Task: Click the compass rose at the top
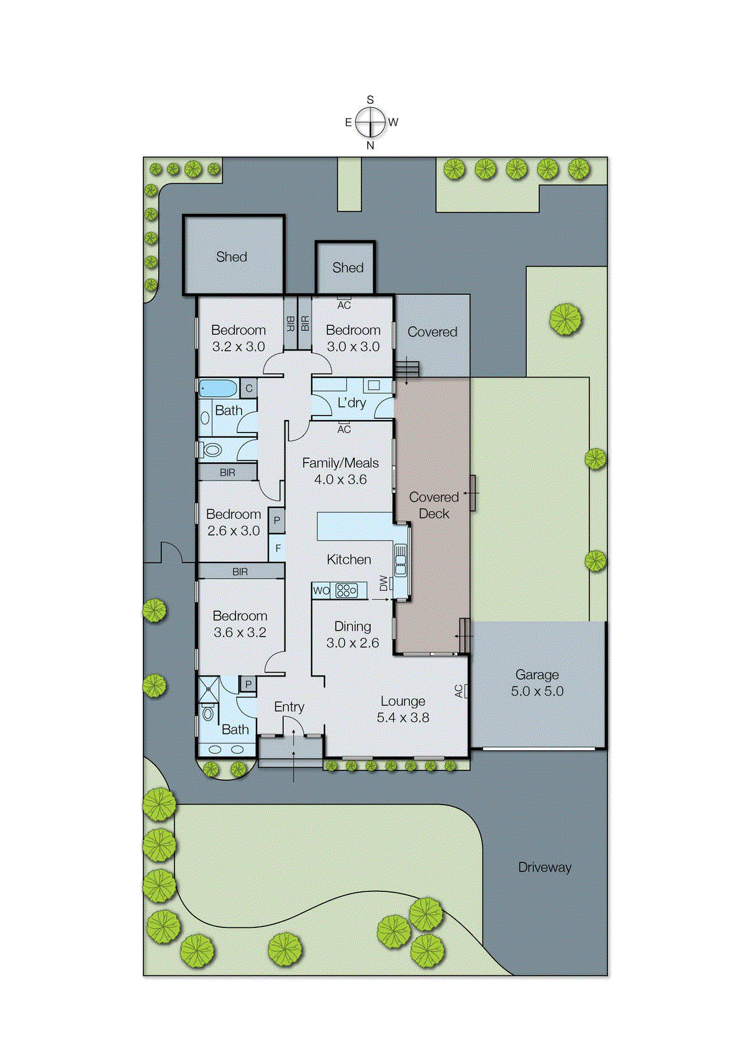[371, 122]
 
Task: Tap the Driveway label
[544, 867]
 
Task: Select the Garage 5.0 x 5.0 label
[537, 682]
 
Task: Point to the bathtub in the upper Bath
[218, 388]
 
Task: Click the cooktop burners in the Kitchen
[346, 590]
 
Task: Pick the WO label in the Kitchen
[321, 591]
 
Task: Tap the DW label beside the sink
[384, 583]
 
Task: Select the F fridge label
[278, 548]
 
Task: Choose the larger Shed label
[231, 257]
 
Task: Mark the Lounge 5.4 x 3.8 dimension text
[403, 718]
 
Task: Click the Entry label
[289, 707]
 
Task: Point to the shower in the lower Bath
[209, 688]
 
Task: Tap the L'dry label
[351, 403]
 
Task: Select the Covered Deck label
[433, 505]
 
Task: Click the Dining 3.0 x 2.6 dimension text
[353, 643]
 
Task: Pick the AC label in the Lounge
[459, 691]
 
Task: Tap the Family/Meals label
[340, 463]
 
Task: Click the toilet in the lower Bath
[208, 713]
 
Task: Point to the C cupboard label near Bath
[249, 388]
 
